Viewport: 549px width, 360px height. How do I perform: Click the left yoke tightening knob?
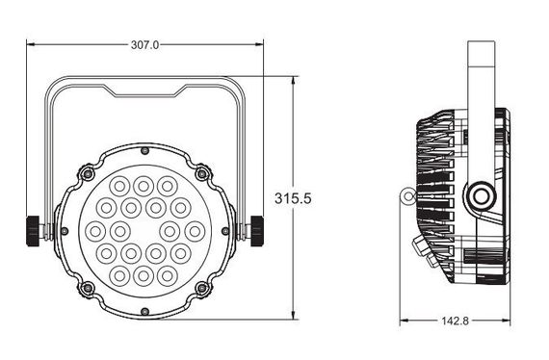point(33,229)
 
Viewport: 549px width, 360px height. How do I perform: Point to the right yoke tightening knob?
point(257,229)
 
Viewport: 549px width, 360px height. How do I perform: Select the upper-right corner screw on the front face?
point(201,174)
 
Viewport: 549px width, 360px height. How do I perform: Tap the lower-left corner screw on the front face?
point(88,288)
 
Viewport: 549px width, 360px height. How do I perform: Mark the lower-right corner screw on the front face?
point(201,288)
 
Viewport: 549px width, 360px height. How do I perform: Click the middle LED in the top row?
point(143,185)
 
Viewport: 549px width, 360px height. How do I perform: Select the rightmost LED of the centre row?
point(193,230)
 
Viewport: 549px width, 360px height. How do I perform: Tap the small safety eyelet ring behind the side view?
point(408,196)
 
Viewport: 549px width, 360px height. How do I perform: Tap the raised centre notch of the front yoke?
point(144,93)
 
